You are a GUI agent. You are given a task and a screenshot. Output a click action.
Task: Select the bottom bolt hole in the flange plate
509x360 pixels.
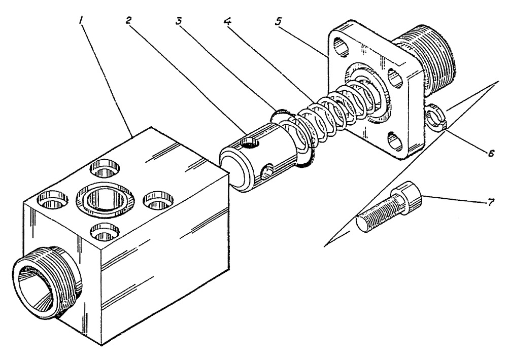coord(393,140)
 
